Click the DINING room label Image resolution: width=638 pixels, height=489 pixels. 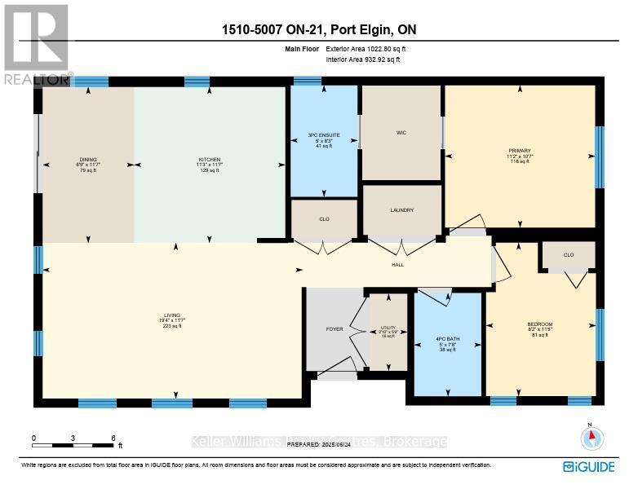tap(87, 160)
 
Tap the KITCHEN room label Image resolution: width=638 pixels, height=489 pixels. tap(210, 160)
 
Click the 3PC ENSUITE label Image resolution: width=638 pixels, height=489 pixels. tap(323, 134)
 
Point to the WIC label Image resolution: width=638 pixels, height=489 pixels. tap(401, 134)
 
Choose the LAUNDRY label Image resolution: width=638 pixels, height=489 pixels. tap(401, 210)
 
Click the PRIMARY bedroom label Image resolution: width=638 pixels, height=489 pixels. tap(520, 151)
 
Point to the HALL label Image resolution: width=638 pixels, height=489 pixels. tap(397, 264)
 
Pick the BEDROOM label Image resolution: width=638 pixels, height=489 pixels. tap(540, 324)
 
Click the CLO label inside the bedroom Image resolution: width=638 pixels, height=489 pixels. tap(569, 255)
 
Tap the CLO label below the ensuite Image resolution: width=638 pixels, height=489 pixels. tap(324, 219)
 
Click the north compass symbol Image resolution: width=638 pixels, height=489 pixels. tap(591, 438)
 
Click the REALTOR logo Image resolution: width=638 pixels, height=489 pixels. tap(37, 45)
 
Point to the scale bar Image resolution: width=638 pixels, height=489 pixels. tap(73, 446)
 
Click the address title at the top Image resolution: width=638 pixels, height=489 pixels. tap(319, 30)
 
